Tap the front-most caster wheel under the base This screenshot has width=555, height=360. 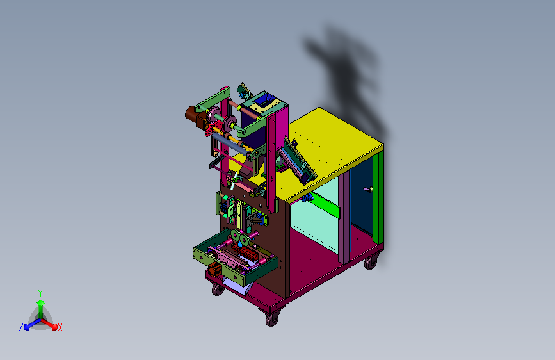pyautogui.click(x=272, y=319)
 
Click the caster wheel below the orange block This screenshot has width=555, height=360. pyautogui.click(x=218, y=290)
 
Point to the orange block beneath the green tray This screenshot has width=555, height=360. pyautogui.click(x=214, y=270)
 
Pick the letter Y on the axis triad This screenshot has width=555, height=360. pyautogui.click(x=40, y=293)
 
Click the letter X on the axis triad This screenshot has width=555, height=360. pyautogui.click(x=60, y=327)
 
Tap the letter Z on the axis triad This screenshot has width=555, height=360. pyautogui.click(x=21, y=327)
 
